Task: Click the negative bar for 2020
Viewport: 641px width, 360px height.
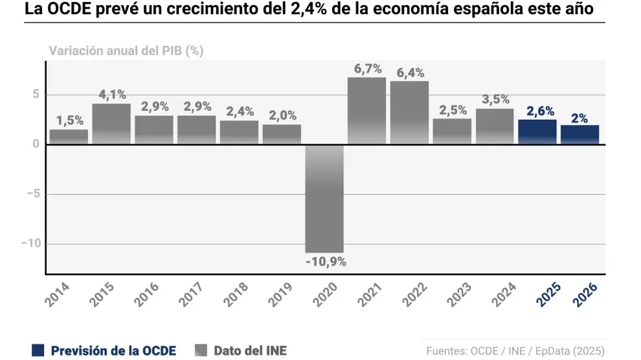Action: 324,197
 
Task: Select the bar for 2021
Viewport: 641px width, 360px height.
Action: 366,111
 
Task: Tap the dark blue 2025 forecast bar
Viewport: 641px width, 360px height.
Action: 537,131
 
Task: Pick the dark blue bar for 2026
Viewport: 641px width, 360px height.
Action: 579,134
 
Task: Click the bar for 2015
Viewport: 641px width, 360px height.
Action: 111,124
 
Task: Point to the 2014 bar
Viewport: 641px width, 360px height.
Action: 69,137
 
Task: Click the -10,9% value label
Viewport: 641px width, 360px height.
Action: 325,262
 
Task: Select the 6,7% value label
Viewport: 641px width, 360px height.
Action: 367,69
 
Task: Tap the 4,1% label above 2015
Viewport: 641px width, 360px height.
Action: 112,95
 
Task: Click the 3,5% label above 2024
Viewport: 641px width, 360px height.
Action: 495,100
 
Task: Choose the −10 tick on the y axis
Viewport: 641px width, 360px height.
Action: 30,243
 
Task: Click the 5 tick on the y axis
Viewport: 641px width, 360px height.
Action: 36,95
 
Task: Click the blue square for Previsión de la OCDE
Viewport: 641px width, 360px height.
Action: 38,350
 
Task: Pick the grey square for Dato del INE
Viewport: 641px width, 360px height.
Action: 201,350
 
